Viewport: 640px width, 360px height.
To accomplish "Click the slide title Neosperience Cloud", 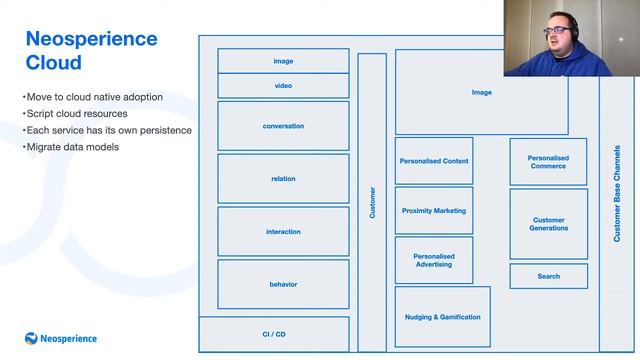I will pyautogui.click(x=90, y=51).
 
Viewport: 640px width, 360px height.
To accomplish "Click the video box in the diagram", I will pyautogui.click(x=283, y=86).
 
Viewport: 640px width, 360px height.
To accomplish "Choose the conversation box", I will pyautogui.click(x=283, y=126).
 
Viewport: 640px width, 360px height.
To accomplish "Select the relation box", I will pyautogui.click(x=283, y=179).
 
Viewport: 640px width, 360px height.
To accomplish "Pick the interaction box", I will pyautogui.click(x=283, y=232).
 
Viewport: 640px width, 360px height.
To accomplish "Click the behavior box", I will pyautogui.click(x=283, y=284).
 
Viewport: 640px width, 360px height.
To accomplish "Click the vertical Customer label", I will pyautogui.click(x=372, y=202).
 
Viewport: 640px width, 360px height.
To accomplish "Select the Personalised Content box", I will pyautogui.click(x=434, y=161).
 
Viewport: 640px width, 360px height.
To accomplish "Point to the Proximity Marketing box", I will pyautogui.click(x=434, y=211).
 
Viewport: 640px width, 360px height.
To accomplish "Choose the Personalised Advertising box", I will pyautogui.click(x=434, y=260).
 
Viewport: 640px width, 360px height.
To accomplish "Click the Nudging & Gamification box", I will pyautogui.click(x=442, y=317).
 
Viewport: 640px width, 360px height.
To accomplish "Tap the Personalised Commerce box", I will pyautogui.click(x=548, y=162).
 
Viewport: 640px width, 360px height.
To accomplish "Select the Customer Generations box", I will pyautogui.click(x=548, y=224).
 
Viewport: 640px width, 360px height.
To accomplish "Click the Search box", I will pyautogui.click(x=548, y=276).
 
